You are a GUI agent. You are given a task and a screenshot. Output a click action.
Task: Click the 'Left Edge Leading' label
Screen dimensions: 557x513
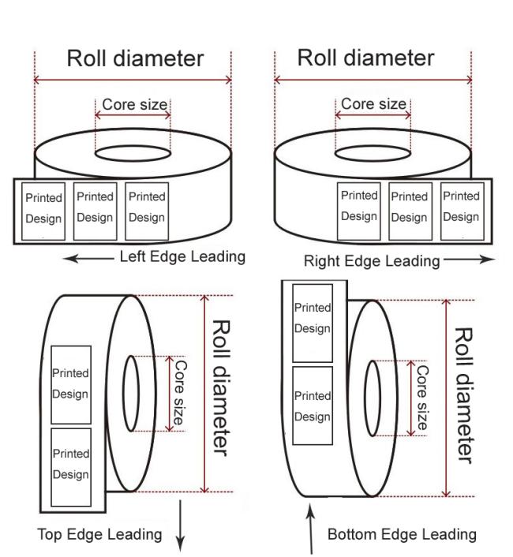coord(182,256)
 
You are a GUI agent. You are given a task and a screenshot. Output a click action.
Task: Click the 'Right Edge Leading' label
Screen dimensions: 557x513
coord(372,260)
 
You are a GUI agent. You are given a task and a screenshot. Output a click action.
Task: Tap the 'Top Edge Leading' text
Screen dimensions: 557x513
coord(99,534)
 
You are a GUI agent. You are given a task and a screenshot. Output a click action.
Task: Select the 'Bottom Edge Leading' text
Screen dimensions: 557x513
coord(402,534)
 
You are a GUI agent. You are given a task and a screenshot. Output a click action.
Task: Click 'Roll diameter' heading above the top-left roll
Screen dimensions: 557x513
coord(135,58)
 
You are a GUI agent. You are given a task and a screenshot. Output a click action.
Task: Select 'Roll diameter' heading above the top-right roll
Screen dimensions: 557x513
coord(365,58)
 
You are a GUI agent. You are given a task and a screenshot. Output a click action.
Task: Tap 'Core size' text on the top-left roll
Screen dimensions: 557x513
coord(136,104)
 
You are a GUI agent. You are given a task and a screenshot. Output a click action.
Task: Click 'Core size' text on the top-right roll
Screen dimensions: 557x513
coord(374,103)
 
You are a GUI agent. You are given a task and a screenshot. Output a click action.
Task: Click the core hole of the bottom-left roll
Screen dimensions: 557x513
coord(131,392)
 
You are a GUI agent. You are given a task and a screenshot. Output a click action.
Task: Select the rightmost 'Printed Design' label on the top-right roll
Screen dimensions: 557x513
coord(460,206)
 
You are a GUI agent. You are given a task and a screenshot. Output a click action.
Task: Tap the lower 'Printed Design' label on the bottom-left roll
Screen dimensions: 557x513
coord(70,465)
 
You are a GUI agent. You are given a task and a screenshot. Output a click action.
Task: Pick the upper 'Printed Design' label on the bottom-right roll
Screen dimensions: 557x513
coord(312,319)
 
